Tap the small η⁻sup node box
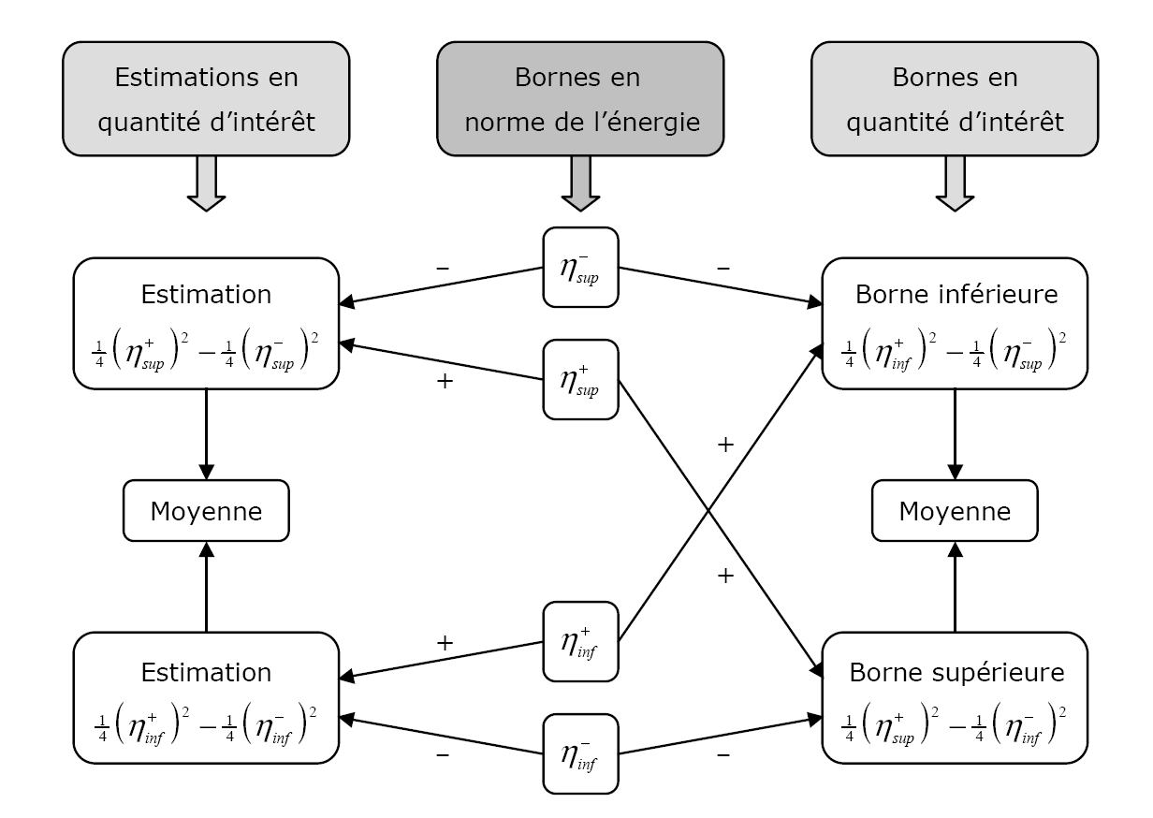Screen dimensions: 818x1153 point(580,267)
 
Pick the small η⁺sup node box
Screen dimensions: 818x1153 point(580,379)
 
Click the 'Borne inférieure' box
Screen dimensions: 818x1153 point(955,323)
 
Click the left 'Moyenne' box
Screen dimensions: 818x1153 point(205,511)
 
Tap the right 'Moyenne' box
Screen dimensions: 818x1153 point(955,511)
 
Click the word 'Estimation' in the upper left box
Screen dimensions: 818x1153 point(205,295)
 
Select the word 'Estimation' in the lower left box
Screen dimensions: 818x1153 point(205,672)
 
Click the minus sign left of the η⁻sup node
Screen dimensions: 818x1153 point(443,268)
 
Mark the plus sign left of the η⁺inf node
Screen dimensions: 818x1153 point(445,643)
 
